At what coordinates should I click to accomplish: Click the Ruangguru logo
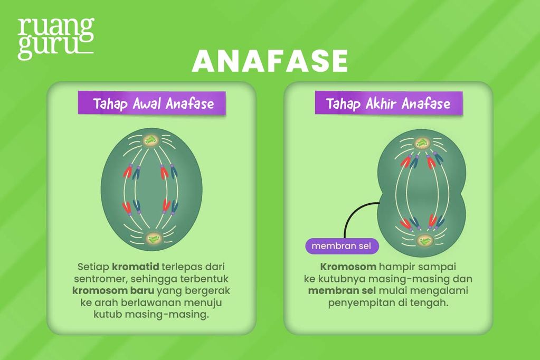(x=55, y=38)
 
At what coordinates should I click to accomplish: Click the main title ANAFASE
(x=270, y=61)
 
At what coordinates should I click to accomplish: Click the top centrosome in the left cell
(x=152, y=140)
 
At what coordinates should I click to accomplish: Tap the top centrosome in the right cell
(x=422, y=143)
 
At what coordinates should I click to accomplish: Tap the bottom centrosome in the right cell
(x=423, y=241)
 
